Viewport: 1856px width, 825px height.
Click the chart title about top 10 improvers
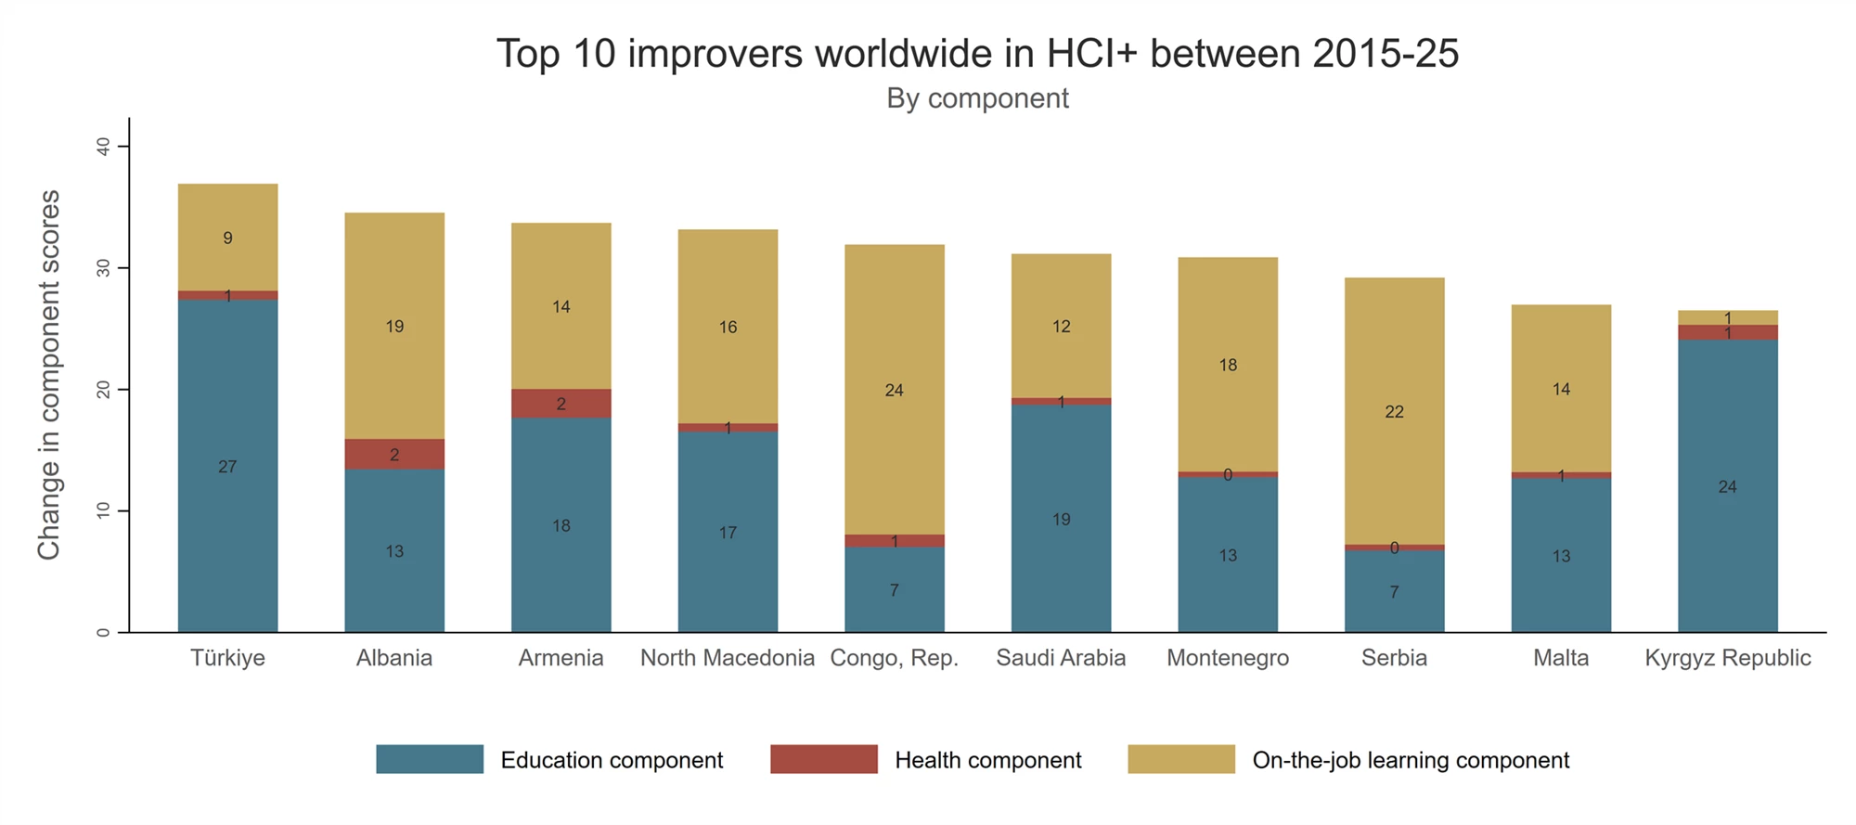[977, 54]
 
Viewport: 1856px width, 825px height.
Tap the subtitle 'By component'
[977, 98]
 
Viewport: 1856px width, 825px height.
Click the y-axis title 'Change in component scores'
[48, 375]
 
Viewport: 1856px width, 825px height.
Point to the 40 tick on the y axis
[103, 147]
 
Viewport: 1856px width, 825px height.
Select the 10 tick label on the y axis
[103, 510]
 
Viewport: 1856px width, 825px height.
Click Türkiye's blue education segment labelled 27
[227, 466]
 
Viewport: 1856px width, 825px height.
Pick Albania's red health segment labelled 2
[394, 454]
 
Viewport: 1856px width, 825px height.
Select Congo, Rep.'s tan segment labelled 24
[894, 390]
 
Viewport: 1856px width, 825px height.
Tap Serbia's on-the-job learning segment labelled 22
[1394, 411]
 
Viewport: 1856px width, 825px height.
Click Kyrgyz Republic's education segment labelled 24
[1727, 486]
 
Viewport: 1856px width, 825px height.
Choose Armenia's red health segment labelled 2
[561, 404]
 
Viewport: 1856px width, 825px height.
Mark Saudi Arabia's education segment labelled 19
[1061, 519]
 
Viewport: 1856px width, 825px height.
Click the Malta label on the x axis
[1561, 658]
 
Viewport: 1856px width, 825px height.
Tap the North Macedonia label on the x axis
[728, 658]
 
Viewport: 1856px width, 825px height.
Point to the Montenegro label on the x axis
[1227, 658]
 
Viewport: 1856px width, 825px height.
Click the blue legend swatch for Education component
[430, 759]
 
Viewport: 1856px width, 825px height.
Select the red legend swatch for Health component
[823, 759]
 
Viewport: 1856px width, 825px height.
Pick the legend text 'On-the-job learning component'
[1411, 760]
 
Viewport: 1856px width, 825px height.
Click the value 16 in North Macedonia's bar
[728, 327]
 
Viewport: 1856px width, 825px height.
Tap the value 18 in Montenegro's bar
[1228, 365]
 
